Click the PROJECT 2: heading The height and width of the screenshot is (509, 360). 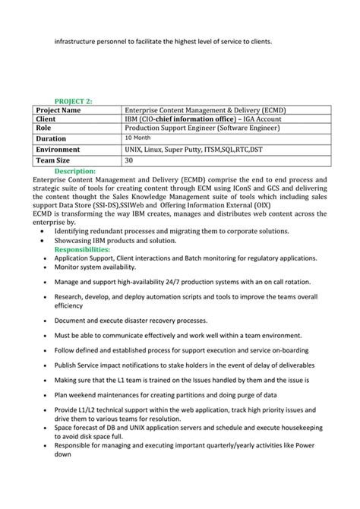(73, 100)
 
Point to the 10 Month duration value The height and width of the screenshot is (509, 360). (137, 138)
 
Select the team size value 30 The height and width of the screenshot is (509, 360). (128, 160)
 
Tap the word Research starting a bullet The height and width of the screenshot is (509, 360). (71, 297)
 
